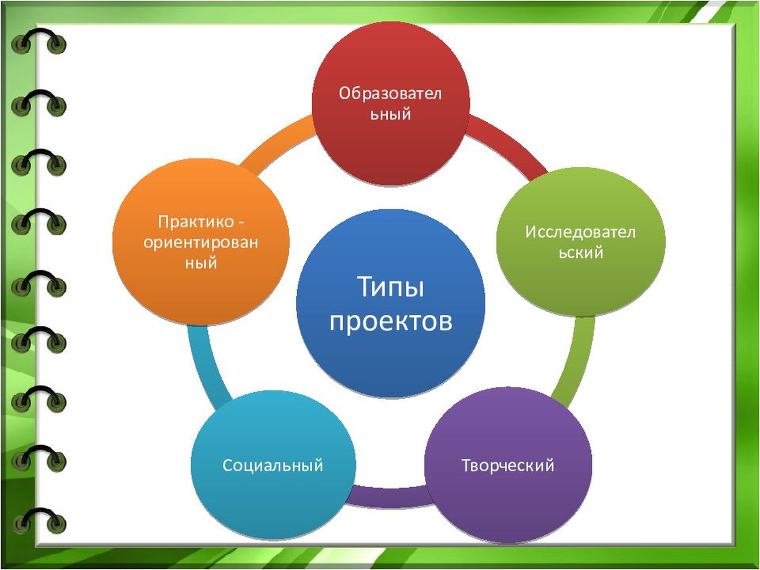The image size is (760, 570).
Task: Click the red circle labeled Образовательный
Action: coord(391,104)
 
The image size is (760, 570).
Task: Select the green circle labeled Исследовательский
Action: coord(581,241)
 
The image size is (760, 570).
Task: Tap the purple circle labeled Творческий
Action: coord(508,465)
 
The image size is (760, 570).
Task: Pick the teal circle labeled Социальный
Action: coord(273,465)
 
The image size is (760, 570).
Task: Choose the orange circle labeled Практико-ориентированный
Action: coord(201,241)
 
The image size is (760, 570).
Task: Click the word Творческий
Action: coord(508,466)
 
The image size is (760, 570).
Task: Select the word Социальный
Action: coord(273,465)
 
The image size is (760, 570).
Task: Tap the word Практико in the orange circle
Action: coord(196,222)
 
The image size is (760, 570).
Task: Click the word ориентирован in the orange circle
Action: coord(201,243)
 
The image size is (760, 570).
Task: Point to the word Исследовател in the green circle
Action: coord(580,232)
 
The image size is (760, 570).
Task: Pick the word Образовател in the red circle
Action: coord(390,94)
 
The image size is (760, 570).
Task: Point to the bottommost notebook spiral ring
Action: coord(38,520)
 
